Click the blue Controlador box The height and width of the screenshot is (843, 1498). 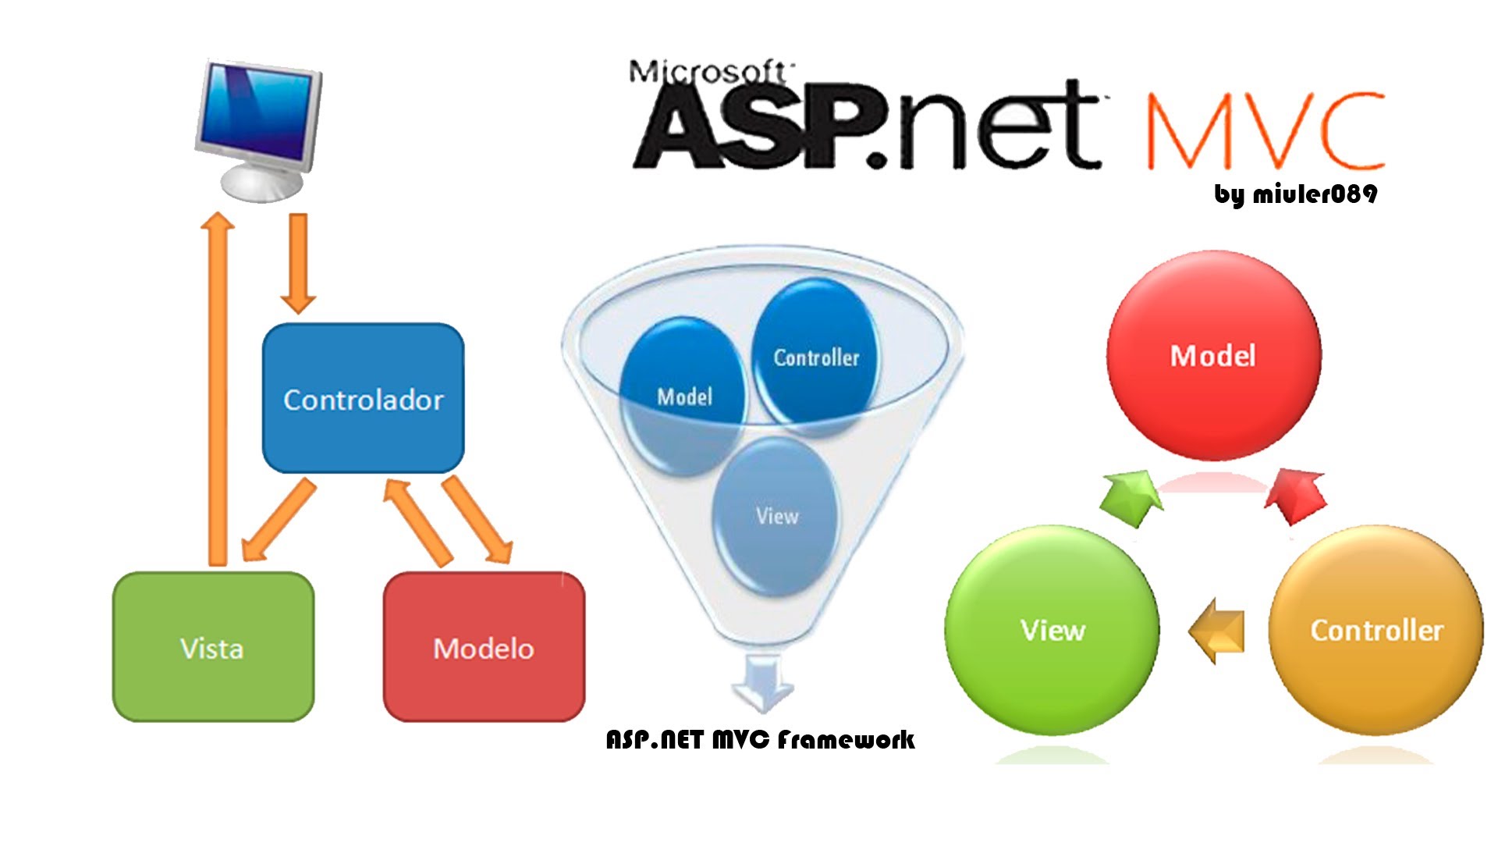pyautogui.click(x=363, y=398)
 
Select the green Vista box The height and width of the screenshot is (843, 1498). pyautogui.click(x=213, y=647)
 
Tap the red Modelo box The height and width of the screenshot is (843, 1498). pyautogui.click(x=484, y=647)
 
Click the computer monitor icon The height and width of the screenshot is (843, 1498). pyautogui.click(x=258, y=129)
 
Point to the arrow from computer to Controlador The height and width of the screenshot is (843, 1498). pyautogui.click(x=298, y=261)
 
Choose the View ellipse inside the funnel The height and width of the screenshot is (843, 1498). pyautogui.click(x=776, y=516)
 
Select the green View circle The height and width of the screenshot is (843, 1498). pyautogui.click(x=1052, y=630)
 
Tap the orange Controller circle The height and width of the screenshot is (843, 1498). pyautogui.click(x=1376, y=630)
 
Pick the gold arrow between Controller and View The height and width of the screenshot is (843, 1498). pyautogui.click(x=1217, y=631)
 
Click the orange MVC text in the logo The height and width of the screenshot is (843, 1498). pyautogui.click(x=1264, y=131)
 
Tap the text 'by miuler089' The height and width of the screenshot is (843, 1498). pyautogui.click(x=1295, y=194)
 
